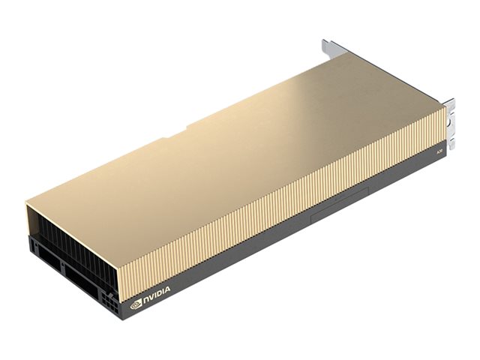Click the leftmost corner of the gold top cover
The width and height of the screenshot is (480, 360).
point(27,200)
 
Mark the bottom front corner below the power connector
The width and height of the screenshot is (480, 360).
point(120,313)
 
